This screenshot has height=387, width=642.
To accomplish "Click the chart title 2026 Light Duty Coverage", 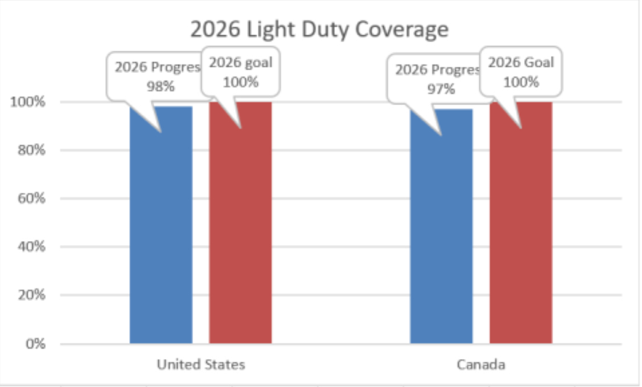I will [x=319, y=30].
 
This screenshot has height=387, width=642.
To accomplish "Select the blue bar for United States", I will [x=161, y=228].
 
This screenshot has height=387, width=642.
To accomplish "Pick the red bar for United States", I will [x=240, y=228].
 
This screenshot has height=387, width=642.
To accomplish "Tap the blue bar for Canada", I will [x=441, y=228].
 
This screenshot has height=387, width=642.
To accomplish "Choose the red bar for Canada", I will [x=521, y=228].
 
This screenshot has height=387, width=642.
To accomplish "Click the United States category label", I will [x=201, y=365].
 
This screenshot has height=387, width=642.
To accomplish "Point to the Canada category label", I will [x=481, y=365].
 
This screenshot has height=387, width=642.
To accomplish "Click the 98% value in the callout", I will [x=160, y=87].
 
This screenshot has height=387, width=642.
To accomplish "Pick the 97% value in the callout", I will [x=441, y=89].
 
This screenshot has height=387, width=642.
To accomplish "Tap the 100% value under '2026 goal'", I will [x=240, y=82].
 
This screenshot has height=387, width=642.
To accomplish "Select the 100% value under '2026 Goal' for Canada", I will [x=521, y=82].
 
